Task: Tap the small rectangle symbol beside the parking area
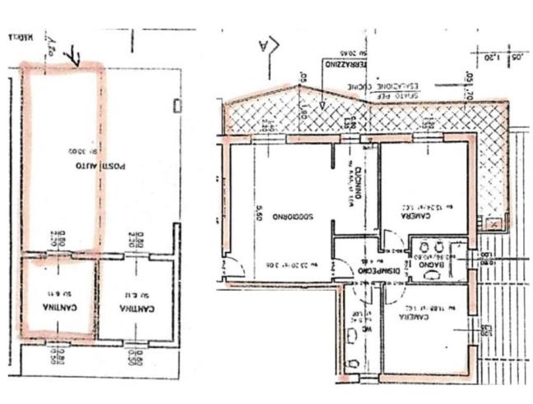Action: point(178,104)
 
